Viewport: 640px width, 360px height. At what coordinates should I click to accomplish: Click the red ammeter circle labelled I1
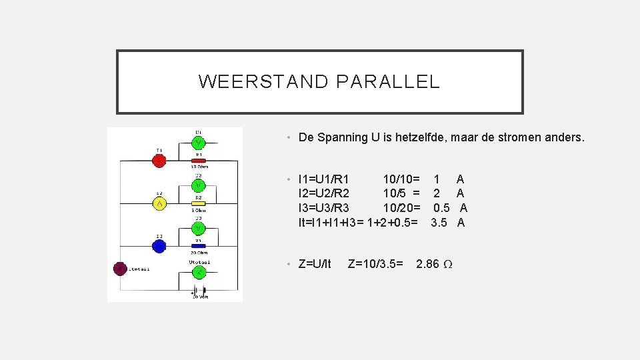[159, 161]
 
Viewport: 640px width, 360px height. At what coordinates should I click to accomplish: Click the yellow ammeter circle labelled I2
[159, 203]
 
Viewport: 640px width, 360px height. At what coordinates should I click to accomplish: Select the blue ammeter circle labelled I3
[159, 246]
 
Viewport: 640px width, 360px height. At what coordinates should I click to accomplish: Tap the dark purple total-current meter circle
[120, 269]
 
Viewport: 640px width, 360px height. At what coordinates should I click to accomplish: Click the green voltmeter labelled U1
[199, 143]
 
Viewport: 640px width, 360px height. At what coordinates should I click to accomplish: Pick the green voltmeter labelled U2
[199, 185]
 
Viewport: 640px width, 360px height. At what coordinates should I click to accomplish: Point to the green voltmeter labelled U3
[199, 228]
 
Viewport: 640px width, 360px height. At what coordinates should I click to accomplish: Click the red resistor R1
[199, 161]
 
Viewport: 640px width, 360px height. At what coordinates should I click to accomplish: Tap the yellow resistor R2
[199, 203]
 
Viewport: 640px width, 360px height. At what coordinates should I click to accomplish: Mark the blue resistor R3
[199, 246]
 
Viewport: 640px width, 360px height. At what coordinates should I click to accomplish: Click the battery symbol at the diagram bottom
[199, 292]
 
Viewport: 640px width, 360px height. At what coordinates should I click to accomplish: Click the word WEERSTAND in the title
[263, 82]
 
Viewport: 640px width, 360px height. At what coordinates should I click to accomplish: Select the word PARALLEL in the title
[388, 82]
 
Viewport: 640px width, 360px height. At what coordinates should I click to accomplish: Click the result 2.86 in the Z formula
[427, 264]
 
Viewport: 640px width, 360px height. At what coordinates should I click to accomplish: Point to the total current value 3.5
[439, 223]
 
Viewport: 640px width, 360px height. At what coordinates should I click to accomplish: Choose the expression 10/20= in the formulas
[401, 208]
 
